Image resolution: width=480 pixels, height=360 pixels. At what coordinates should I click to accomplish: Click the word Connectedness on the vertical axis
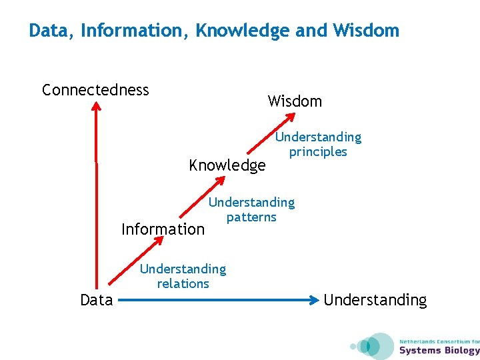pyautogui.click(x=95, y=90)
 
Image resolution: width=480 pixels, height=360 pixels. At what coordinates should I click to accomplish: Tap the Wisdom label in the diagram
pyautogui.click(x=295, y=101)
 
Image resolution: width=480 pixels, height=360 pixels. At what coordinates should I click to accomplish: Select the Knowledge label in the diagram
pyautogui.click(x=227, y=165)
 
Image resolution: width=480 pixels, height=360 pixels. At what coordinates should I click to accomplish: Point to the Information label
pyautogui.click(x=163, y=229)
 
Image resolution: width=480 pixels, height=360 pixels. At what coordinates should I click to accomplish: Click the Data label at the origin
pyautogui.click(x=97, y=300)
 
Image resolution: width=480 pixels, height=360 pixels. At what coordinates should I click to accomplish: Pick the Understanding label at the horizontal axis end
pyautogui.click(x=375, y=300)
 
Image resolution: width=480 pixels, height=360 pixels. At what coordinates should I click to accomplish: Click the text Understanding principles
pyautogui.click(x=318, y=144)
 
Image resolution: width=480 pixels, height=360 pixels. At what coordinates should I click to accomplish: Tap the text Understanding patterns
pyautogui.click(x=251, y=209)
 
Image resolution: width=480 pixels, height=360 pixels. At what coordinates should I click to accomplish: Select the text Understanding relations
pyautogui.click(x=183, y=276)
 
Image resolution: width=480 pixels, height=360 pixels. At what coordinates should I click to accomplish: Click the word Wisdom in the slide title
pyautogui.click(x=366, y=31)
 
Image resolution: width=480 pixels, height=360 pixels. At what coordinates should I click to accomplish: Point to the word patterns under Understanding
pyautogui.click(x=251, y=217)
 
